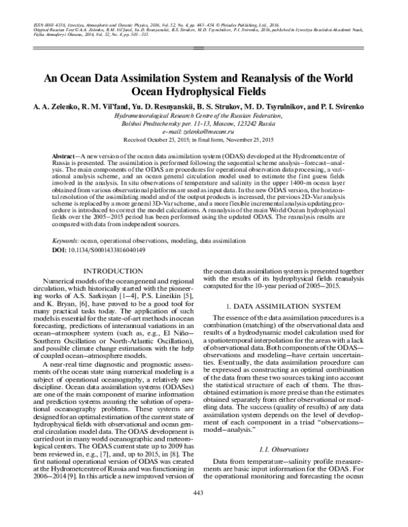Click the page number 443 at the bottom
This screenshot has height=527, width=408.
click(203, 511)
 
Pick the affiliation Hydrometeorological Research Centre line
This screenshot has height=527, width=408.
click(203, 116)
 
